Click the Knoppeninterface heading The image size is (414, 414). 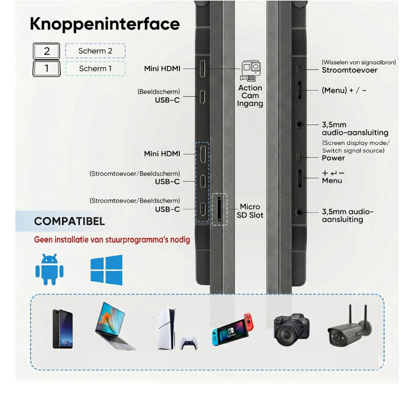point(105,24)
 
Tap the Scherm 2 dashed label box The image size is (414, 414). point(95,51)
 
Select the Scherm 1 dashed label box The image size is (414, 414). point(95,69)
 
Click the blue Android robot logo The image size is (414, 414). point(50,269)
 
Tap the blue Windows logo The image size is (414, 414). point(106,270)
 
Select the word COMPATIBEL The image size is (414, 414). point(69,221)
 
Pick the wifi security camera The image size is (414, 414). point(349,330)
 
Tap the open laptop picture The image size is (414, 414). point(115,326)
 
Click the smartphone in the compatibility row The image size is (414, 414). point(63,329)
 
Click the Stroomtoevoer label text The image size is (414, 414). point(349,70)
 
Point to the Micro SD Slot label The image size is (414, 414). point(250,211)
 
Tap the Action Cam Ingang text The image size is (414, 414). point(250,96)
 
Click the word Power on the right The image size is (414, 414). point(333,158)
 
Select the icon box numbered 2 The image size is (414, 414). point(46,51)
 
